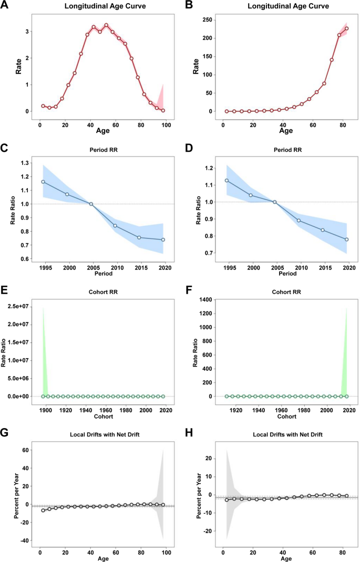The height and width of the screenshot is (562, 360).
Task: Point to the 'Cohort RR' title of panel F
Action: tap(274, 289)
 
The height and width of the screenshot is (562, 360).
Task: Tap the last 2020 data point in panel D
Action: tap(346, 240)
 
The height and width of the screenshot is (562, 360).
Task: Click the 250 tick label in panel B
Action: tap(207, 20)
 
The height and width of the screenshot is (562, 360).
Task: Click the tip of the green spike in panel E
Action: tap(43, 307)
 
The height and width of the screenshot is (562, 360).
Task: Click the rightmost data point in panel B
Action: tap(346, 28)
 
